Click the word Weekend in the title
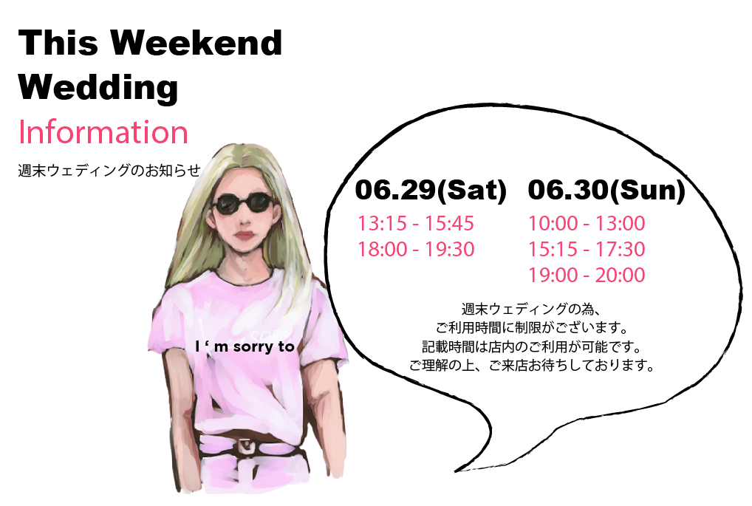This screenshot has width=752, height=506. pyautogui.click(x=196, y=42)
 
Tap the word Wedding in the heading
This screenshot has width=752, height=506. pyautogui.click(x=98, y=87)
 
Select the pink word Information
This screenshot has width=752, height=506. pyautogui.click(x=103, y=132)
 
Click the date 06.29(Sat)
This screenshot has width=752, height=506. pyautogui.click(x=431, y=190)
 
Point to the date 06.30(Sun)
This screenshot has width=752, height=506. pyautogui.click(x=606, y=190)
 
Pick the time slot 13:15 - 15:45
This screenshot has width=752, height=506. pyautogui.click(x=416, y=223)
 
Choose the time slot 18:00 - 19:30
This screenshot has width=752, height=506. pyautogui.click(x=416, y=249)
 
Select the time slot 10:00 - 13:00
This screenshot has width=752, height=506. pyautogui.click(x=587, y=223)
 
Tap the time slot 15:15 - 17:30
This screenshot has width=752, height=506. pyautogui.click(x=587, y=249)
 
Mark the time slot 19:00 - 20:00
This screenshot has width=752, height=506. pyautogui.click(x=587, y=275)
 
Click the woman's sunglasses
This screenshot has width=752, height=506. pyautogui.click(x=245, y=203)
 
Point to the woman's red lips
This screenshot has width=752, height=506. pyautogui.click(x=244, y=236)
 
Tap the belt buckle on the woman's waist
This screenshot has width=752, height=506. pyautogui.click(x=245, y=446)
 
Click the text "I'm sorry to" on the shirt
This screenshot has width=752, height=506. pyautogui.click(x=245, y=346)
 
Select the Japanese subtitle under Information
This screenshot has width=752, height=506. pyautogui.click(x=109, y=170)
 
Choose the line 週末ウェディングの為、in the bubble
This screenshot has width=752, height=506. pyautogui.click(x=531, y=309)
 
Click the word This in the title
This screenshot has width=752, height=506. pyautogui.click(x=58, y=42)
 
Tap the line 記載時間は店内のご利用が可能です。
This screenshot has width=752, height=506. pyautogui.click(x=532, y=346)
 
